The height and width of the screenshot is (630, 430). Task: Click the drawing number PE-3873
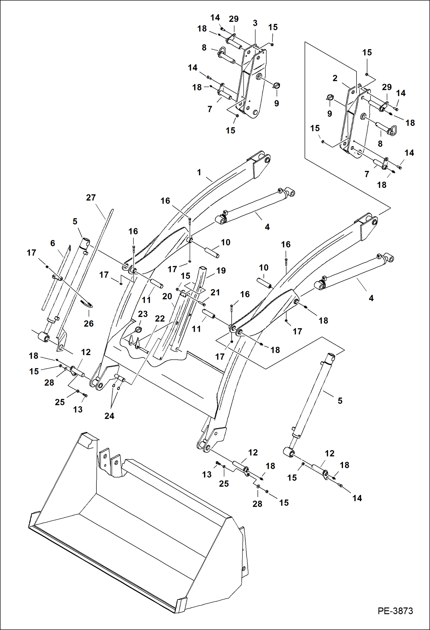pos(395,611)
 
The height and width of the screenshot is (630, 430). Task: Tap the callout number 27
pos(91,198)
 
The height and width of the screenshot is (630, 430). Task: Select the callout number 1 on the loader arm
pos(199,172)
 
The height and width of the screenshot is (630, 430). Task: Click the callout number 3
pos(255,23)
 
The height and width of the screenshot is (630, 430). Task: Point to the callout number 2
pos(335,78)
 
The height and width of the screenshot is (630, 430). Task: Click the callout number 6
pos(53,243)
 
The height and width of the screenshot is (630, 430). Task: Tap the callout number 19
pos(221,271)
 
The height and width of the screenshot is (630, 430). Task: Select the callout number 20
pos(167,296)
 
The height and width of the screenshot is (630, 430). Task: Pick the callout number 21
pos(215,292)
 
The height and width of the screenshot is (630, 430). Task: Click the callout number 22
pos(160,319)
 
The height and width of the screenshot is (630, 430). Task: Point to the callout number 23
pos(143,314)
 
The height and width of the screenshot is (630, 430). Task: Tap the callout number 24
pos(109,416)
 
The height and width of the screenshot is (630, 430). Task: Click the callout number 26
pos(88,323)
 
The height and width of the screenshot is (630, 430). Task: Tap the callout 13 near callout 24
pos(78,409)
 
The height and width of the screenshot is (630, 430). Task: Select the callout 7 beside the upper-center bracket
pos(210,109)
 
